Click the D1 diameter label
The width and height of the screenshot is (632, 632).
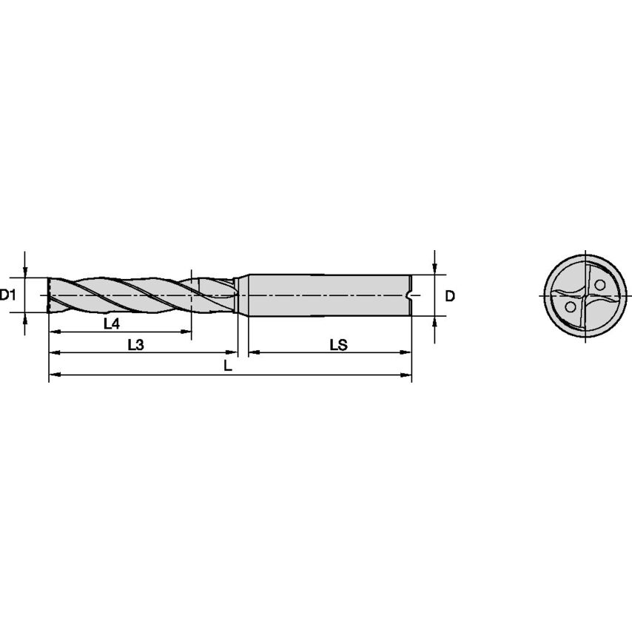pos(9,295)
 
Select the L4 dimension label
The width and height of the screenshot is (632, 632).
pos(112,323)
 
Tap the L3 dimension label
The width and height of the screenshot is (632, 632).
pos(135,344)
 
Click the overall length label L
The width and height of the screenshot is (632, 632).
pos(229,366)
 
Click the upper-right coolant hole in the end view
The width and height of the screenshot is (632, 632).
pos(599,283)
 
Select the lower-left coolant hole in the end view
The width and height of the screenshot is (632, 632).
pos(571,306)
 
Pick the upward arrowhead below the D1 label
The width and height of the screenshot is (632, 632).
pos(26,319)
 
